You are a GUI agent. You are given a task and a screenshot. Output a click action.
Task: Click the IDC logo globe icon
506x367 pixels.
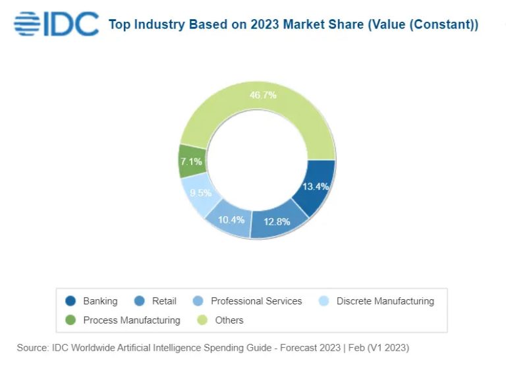pyautogui.click(x=27, y=25)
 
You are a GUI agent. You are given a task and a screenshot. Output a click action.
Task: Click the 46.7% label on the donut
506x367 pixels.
pyautogui.click(x=263, y=95)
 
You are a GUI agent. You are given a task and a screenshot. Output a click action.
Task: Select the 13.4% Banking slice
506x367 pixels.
pyautogui.click(x=315, y=186)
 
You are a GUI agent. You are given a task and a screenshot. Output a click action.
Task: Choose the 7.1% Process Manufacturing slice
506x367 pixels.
pyautogui.click(x=192, y=161)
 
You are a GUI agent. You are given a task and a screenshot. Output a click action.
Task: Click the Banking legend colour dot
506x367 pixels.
pyautogui.click(x=71, y=301)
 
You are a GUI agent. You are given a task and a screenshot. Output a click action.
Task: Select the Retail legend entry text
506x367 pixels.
pyautogui.click(x=164, y=301)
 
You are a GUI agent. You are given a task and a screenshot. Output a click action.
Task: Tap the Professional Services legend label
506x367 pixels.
pyautogui.click(x=256, y=301)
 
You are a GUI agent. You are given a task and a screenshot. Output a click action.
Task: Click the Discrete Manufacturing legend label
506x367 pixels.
pyautogui.click(x=385, y=301)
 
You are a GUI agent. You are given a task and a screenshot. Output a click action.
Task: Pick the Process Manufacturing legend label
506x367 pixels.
pyautogui.click(x=132, y=320)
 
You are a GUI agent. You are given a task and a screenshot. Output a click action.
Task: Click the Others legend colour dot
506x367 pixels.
pyautogui.click(x=202, y=320)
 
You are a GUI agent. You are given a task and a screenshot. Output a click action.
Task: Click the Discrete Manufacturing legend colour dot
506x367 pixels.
pyautogui.click(x=324, y=301)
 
